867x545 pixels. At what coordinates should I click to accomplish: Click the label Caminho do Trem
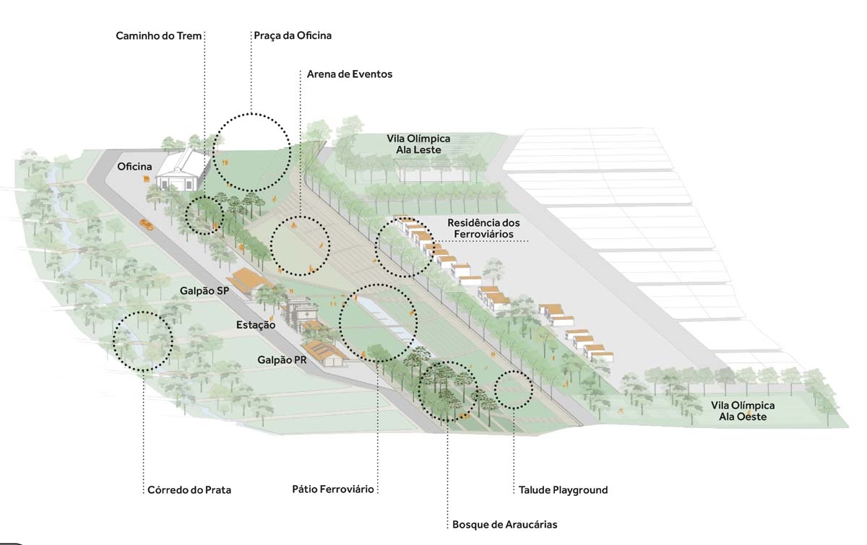click(159, 35)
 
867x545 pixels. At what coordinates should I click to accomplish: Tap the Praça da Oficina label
click(293, 35)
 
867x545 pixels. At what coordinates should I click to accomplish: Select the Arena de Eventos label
click(350, 74)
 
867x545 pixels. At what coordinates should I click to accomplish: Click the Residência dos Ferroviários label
click(483, 228)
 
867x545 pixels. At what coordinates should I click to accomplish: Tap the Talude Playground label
click(563, 490)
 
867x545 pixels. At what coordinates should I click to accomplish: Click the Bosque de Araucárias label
click(505, 525)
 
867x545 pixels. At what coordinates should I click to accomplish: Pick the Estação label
click(256, 326)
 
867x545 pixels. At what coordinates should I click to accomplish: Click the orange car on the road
click(147, 224)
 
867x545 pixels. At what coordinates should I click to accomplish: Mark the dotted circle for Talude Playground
click(514, 390)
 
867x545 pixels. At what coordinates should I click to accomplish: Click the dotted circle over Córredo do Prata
click(143, 341)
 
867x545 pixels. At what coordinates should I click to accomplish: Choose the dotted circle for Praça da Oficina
click(252, 152)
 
